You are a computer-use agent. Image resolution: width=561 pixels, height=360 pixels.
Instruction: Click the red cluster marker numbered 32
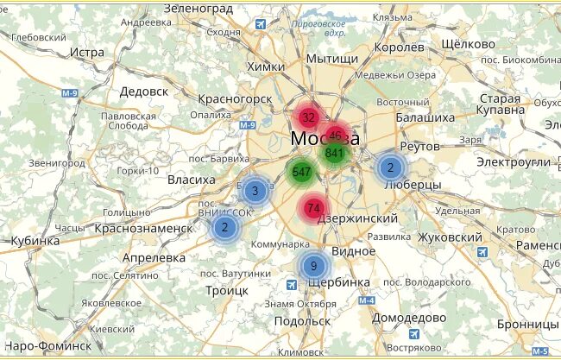308,117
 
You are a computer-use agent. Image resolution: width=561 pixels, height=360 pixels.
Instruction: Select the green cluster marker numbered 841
334,153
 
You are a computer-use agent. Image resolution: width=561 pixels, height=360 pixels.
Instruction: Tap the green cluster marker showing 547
301,171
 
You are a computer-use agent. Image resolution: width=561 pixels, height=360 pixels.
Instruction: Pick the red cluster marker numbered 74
313,208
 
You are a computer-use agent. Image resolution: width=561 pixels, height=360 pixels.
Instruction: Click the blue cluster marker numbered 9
314,265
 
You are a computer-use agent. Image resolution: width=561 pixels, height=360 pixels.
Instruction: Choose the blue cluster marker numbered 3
255,191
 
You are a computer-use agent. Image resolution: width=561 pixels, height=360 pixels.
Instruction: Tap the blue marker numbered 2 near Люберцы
390,167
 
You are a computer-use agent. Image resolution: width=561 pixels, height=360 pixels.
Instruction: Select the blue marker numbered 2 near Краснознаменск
224,227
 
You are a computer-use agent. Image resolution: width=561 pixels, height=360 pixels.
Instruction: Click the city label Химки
264,66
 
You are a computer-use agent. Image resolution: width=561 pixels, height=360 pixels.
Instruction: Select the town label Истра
86,52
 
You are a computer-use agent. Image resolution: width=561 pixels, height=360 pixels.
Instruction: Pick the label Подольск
301,320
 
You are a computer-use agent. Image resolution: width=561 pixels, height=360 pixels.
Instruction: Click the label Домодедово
407,317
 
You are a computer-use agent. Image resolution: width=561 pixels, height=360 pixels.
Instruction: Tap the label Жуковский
448,237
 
